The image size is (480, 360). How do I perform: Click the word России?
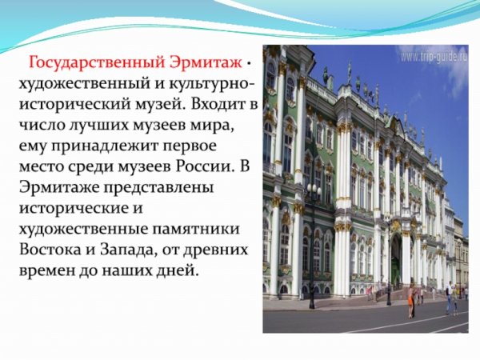pyautogui.click(x=193, y=164)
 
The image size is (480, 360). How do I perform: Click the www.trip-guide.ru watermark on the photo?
pyautogui.click(x=433, y=58)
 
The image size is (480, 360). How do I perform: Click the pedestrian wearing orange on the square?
pyautogui.click(x=411, y=300)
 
